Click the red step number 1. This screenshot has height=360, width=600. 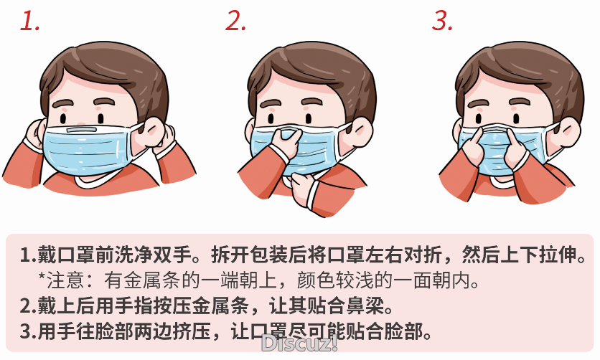[x=29, y=22]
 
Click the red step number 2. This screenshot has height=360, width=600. [x=236, y=22]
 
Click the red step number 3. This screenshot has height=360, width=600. [x=443, y=22]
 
